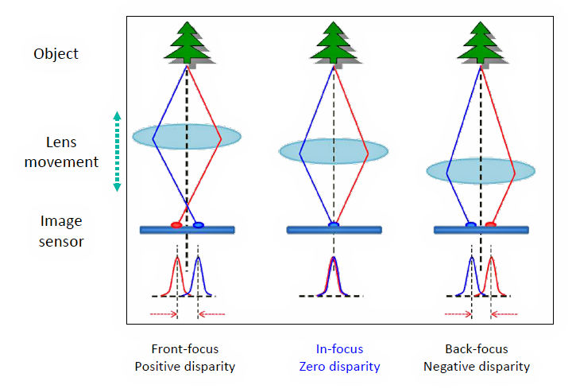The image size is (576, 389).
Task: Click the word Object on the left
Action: coord(56,54)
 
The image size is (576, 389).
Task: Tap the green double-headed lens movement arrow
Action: coord(117,151)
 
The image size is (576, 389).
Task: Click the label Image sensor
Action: coord(62,230)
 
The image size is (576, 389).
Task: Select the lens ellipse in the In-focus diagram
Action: coord(334,150)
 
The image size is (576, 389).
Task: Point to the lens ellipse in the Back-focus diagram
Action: coord(478,170)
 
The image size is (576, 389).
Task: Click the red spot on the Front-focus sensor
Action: coord(176,225)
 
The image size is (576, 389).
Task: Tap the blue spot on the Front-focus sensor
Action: coord(198,225)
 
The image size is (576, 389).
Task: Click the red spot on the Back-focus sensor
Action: coord(491,225)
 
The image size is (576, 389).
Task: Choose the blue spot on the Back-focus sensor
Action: coord(470,225)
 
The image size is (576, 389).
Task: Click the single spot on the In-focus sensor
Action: coord(334,225)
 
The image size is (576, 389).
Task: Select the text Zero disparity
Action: coord(340,367)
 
